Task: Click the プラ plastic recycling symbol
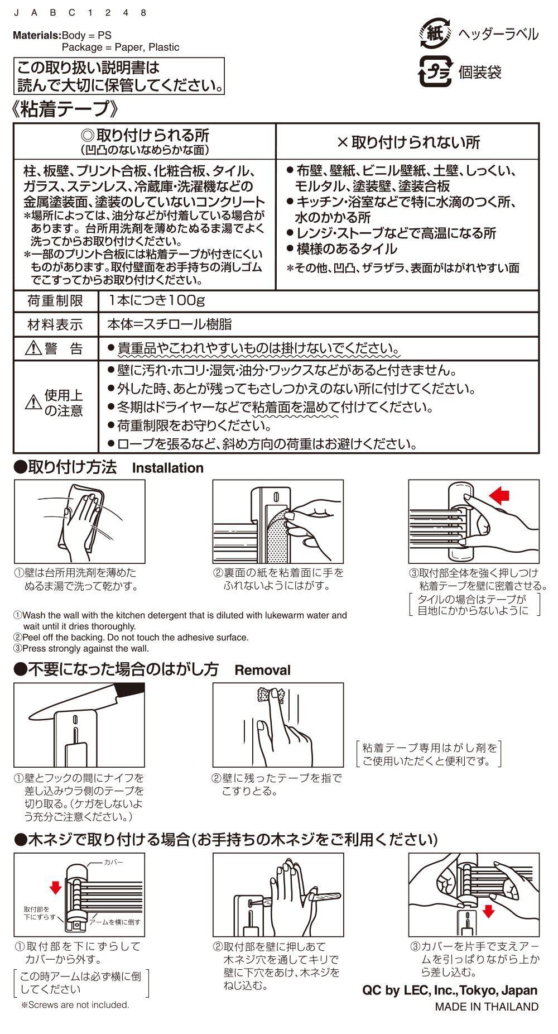tap(435, 72)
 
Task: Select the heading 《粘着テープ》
tap(66, 109)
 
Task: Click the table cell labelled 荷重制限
tap(55, 301)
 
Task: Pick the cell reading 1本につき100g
tap(157, 301)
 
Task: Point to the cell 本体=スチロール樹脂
tap(170, 324)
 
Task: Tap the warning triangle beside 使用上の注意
tap(33, 402)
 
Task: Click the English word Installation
tap(167, 468)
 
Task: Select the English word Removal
tap(262, 670)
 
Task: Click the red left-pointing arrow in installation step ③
tap(499, 495)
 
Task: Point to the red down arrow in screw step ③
tap(488, 911)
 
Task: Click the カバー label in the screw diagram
tap(114, 863)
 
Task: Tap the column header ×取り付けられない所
tap(408, 142)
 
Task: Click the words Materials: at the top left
tap(37, 35)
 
